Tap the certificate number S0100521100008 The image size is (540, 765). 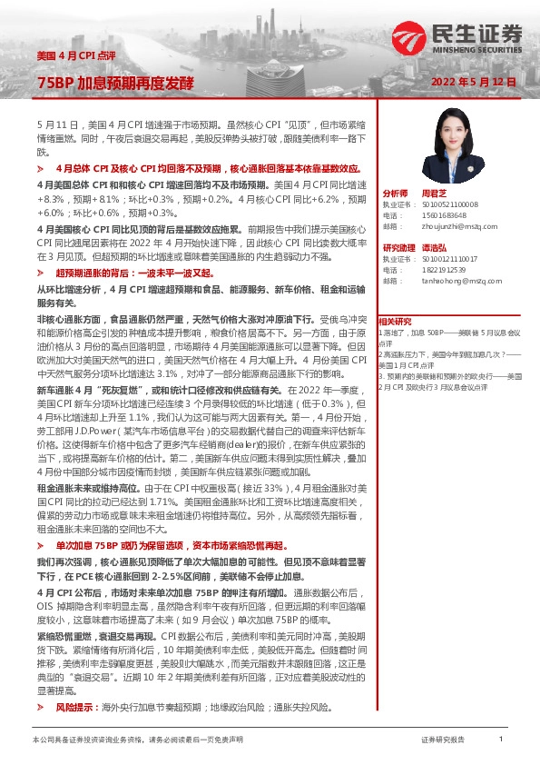[x=450, y=204]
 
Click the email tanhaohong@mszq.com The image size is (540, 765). [x=455, y=281]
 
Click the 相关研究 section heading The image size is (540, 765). [x=395, y=321]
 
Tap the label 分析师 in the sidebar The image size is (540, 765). [x=396, y=194]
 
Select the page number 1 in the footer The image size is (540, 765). [x=500, y=740]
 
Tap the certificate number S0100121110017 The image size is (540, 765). [x=450, y=259]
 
